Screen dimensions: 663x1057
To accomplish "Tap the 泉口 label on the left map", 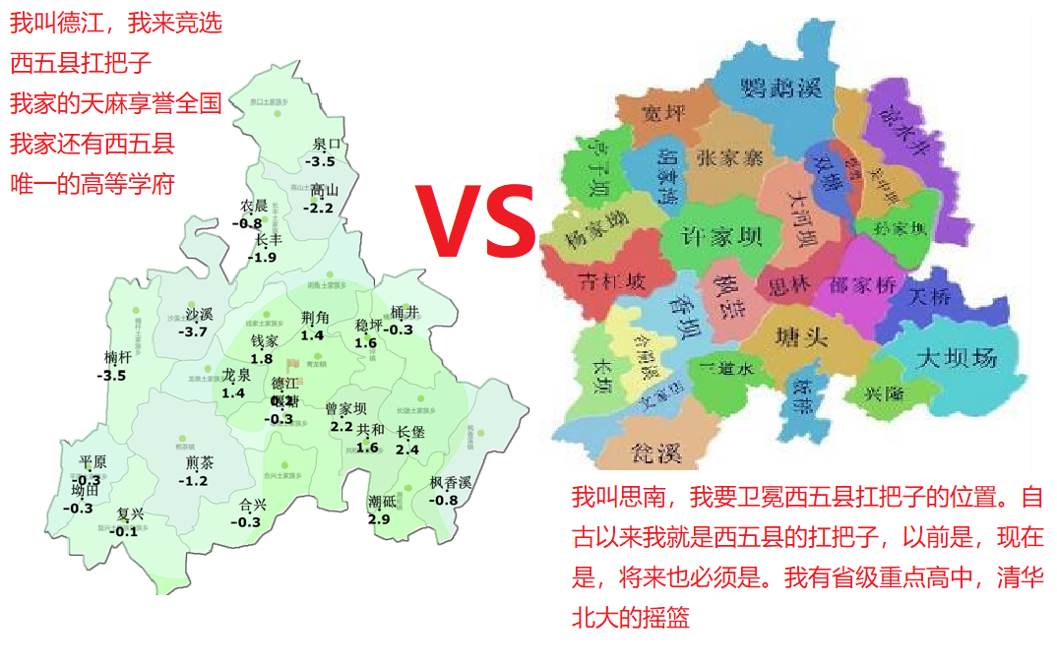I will click(326, 145).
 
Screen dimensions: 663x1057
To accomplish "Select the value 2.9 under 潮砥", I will click(378, 518).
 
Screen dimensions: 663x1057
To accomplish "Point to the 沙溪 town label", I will click(199, 315).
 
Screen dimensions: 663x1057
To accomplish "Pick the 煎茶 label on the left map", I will click(200, 463).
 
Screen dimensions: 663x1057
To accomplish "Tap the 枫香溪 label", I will click(451, 483).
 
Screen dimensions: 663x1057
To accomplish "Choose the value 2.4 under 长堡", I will click(407, 450).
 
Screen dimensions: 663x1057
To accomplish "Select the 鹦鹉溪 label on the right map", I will click(780, 88).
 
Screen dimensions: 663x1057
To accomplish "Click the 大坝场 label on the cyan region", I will click(956, 356).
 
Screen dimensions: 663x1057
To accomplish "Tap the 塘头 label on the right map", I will click(800, 340).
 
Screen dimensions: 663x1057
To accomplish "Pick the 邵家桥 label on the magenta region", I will click(863, 285).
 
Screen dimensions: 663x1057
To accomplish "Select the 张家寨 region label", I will click(729, 157).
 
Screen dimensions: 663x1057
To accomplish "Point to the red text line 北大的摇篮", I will click(631, 617).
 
